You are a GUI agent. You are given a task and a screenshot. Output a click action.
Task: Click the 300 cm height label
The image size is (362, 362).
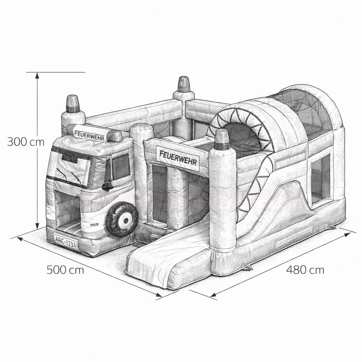(x=25, y=141)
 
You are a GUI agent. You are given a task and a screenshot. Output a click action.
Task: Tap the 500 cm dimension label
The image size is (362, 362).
(x=65, y=270)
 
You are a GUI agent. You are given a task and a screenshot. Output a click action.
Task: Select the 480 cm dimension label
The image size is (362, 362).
(x=305, y=270)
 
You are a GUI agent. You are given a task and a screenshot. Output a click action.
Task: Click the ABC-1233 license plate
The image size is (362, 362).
(x=66, y=241)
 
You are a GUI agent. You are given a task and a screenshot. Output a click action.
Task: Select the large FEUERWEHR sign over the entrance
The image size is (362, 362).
(x=178, y=158)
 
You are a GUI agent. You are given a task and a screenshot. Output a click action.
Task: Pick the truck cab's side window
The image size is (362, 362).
(x=121, y=167)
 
